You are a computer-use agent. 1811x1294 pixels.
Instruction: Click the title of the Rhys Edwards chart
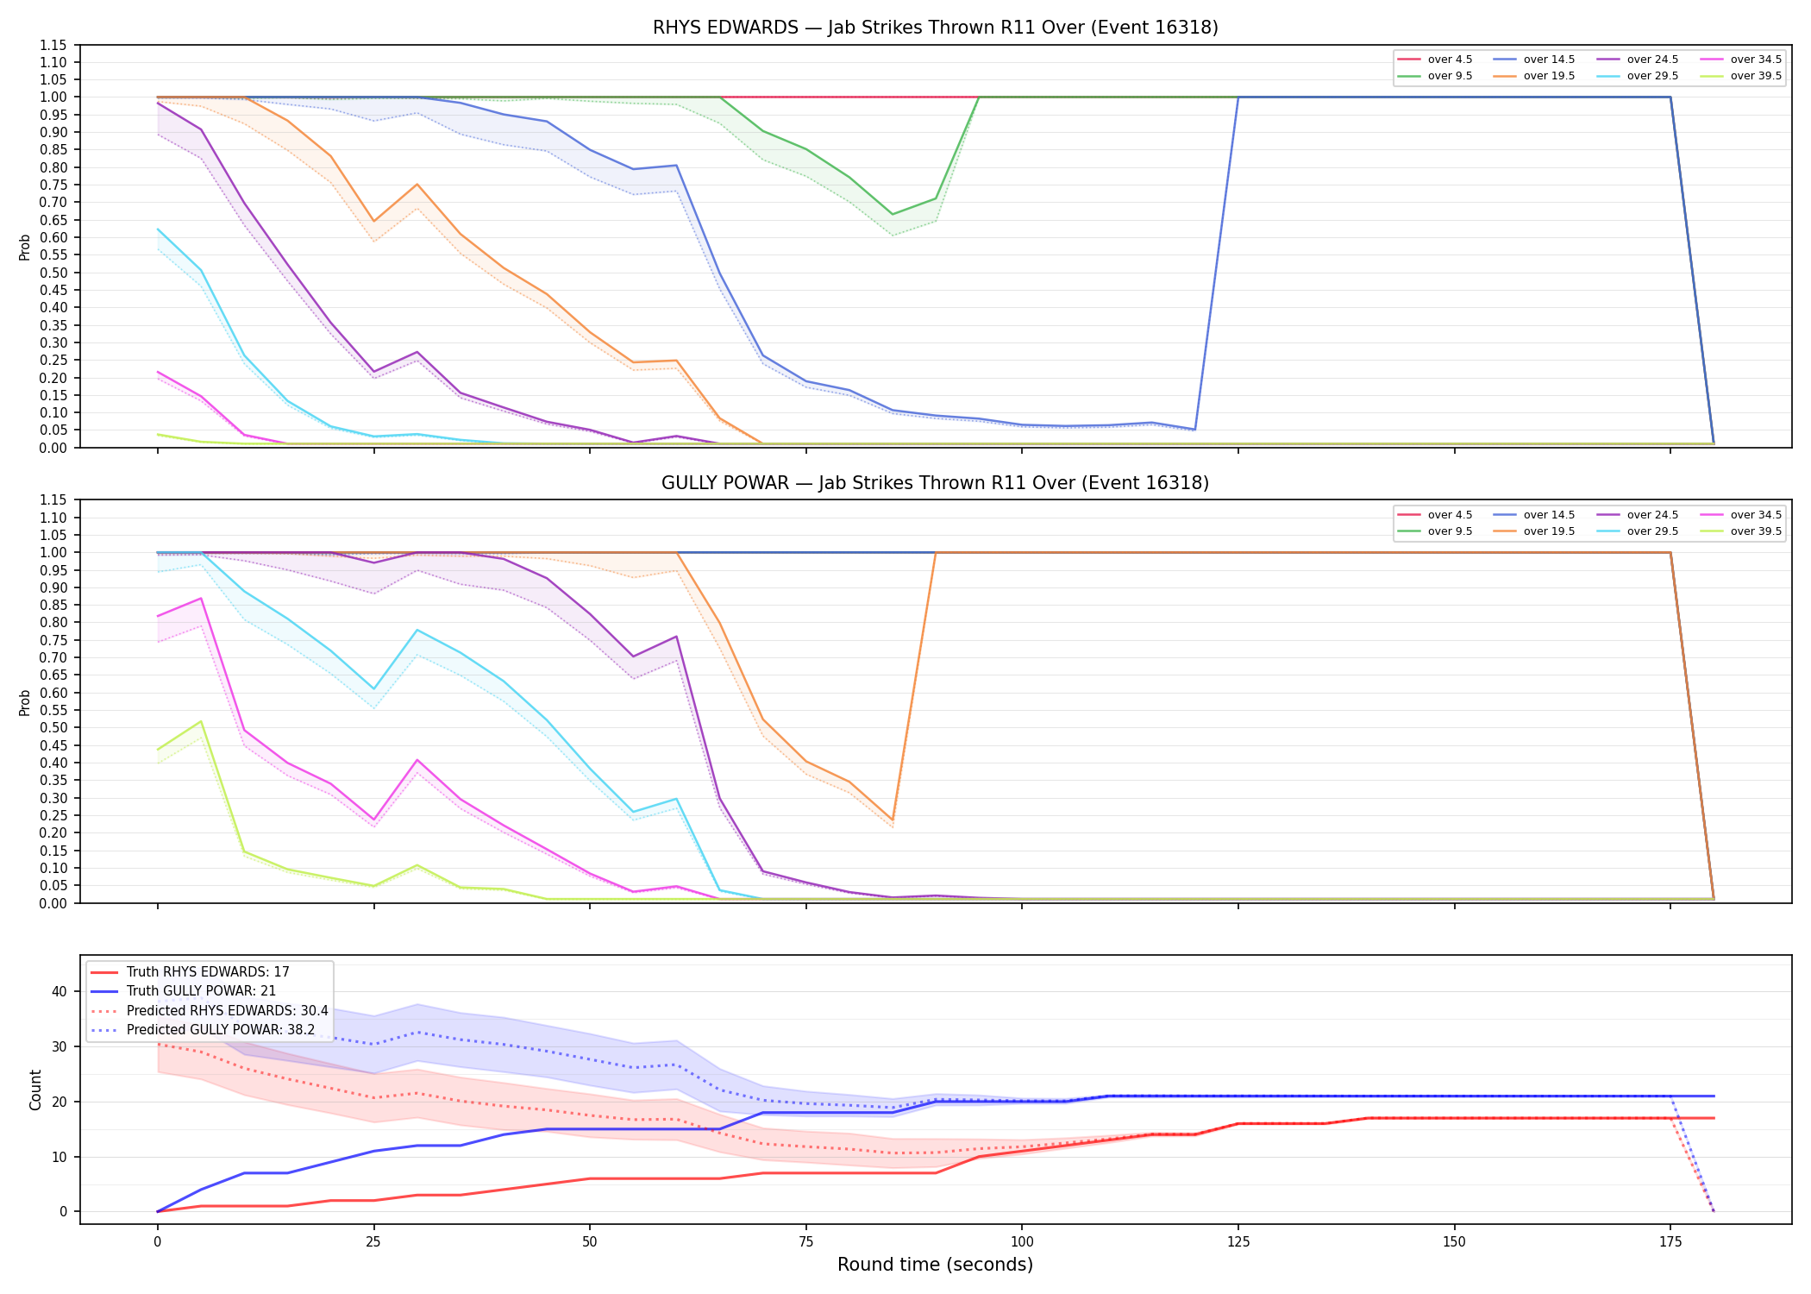click(935, 28)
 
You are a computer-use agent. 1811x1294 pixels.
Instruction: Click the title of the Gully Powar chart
click(935, 483)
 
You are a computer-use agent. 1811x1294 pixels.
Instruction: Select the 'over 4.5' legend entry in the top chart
click(1435, 60)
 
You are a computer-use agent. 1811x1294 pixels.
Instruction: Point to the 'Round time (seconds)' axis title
click(935, 1265)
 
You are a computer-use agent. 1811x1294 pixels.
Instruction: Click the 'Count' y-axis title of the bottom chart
click(35, 1090)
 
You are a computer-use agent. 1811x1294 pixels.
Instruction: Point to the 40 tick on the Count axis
click(59, 991)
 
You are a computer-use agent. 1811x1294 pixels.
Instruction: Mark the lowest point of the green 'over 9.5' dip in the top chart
click(893, 214)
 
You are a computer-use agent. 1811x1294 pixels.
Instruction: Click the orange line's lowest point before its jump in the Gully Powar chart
click(893, 820)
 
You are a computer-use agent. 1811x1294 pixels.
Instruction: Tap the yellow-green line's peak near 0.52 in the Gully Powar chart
click(201, 721)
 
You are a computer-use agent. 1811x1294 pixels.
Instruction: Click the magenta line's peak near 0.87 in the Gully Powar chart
click(201, 598)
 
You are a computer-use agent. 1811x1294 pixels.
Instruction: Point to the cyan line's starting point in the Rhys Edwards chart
click(158, 229)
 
